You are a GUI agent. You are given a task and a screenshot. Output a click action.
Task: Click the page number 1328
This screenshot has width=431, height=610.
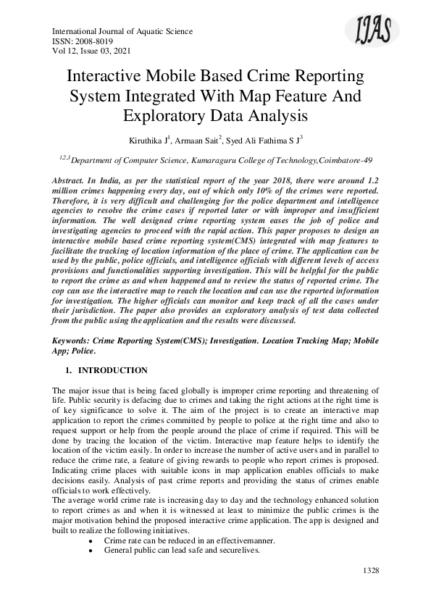click(x=371, y=571)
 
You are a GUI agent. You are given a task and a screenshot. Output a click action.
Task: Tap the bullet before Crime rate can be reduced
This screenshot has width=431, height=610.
click(x=89, y=541)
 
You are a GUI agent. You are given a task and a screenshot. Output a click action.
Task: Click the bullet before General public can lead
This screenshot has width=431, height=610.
click(x=89, y=551)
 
